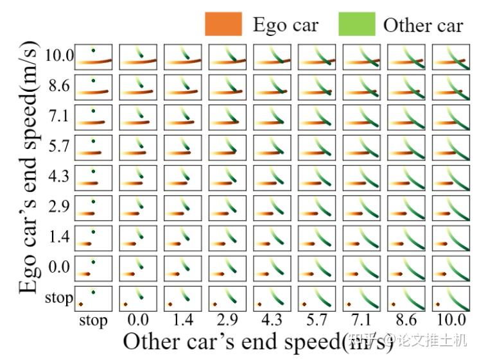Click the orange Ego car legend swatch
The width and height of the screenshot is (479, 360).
pos(223,24)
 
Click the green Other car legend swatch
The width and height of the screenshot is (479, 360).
pos(357,24)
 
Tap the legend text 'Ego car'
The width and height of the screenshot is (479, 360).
pos(286,25)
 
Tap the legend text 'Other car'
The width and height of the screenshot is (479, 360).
pos(423,25)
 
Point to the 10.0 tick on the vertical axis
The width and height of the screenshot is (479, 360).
pos(60,55)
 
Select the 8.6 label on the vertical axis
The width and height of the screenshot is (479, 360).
pos(60,85)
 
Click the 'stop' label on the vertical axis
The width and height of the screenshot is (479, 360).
pos(59,298)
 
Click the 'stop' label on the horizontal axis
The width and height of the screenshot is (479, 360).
pos(94,321)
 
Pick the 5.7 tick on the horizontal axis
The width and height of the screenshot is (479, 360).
pos(317,320)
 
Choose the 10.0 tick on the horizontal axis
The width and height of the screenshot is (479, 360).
pos(451,320)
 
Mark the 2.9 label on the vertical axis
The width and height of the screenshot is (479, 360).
pos(60,207)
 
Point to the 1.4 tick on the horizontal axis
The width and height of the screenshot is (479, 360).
pos(183,320)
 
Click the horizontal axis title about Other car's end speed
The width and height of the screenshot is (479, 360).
pos(258,341)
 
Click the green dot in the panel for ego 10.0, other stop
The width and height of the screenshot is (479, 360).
pos(93,51)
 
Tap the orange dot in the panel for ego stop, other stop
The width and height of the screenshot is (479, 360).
pos(81,304)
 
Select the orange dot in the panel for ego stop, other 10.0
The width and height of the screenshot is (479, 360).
pos(438,304)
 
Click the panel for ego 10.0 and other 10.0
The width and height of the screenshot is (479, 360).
pos(451,57)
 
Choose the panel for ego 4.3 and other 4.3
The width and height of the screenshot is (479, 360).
pos(272,178)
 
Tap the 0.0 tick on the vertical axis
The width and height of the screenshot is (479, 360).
pos(60,267)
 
